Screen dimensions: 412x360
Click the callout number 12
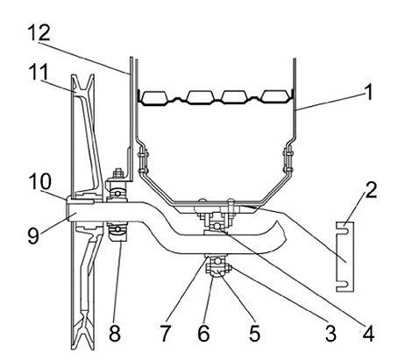[x=39, y=32]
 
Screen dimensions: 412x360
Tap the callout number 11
[x=39, y=72]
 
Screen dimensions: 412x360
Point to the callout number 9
[x=33, y=235]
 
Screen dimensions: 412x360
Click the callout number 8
[x=115, y=333]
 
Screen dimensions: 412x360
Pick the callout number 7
[x=165, y=333]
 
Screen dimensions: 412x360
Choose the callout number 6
[x=203, y=333]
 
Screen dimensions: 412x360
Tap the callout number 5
[x=254, y=333]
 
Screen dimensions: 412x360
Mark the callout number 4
[x=368, y=333]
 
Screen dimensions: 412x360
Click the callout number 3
[x=330, y=333]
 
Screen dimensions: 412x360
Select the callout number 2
[x=371, y=190]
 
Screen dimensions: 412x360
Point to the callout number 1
[x=369, y=92]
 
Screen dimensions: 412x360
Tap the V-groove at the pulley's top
[x=82, y=83]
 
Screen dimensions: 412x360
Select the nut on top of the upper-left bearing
[x=118, y=173]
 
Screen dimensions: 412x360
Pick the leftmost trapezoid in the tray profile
[x=154, y=97]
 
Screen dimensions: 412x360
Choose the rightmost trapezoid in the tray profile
[x=275, y=96]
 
